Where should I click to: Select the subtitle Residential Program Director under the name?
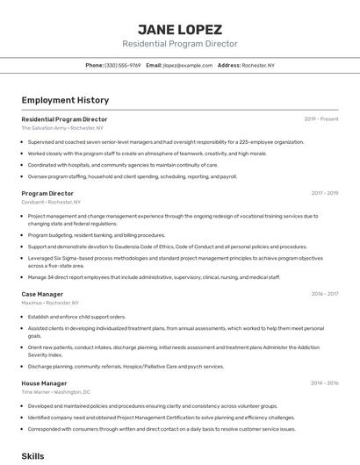(179, 44)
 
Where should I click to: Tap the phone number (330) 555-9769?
(123, 65)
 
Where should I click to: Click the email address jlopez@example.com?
(188, 65)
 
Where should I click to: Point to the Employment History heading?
(65, 100)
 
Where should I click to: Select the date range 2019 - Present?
(321, 118)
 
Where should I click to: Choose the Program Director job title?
(47, 193)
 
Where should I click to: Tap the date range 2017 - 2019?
(325, 193)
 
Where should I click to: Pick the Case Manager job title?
(42, 294)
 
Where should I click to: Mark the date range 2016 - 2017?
(325, 294)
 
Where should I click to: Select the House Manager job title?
(44, 383)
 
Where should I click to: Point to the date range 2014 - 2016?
(325, 383)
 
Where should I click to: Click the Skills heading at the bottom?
(32, 456)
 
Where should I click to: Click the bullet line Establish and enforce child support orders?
(77, 317)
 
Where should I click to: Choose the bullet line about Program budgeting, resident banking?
(97, 235)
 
